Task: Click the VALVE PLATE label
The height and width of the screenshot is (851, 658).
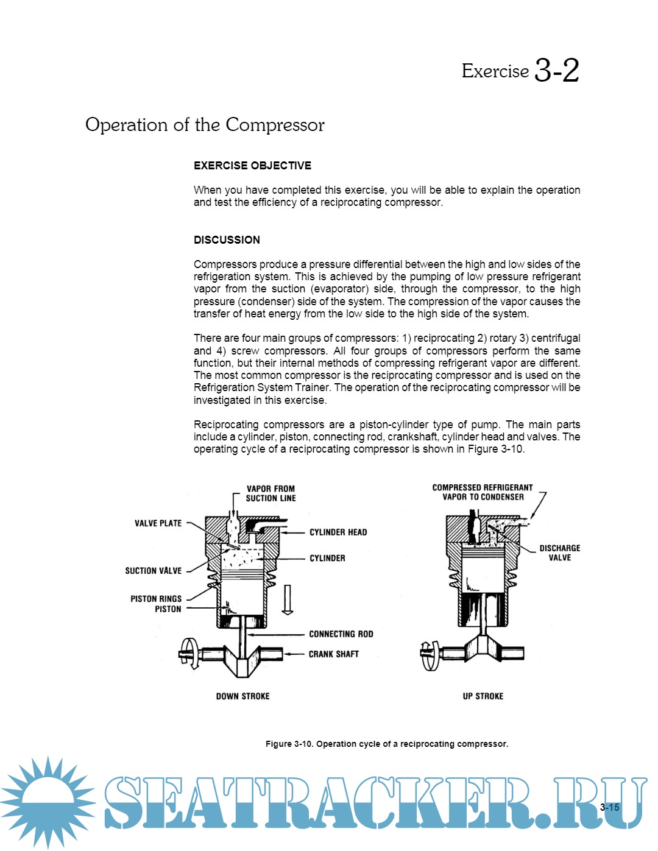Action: (158, 523)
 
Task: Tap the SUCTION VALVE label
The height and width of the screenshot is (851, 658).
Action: (154, 571)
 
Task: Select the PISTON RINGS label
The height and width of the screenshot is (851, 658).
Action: (156, 599)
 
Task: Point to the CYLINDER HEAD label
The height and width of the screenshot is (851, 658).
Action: (338, 532)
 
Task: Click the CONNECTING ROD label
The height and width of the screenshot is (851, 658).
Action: (341, 634)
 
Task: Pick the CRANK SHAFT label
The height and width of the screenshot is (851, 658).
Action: (333, 654)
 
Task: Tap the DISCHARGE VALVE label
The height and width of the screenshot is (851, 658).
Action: (559, 553)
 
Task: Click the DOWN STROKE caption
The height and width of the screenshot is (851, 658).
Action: (242, 696)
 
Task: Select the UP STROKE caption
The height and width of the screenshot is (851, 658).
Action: (483, 696)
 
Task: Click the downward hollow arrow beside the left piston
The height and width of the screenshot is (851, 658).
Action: (288, 599)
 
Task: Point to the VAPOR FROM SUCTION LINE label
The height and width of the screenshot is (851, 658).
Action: (271, 493)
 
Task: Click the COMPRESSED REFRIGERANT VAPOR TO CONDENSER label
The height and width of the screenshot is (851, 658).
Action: (483, 492)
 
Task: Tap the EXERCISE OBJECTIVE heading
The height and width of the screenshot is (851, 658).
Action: (252, 166)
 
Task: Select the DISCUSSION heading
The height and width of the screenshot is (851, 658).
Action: (227, 240)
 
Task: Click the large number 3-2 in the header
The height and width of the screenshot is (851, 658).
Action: (556, 70)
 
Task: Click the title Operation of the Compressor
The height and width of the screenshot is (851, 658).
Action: (205, 125)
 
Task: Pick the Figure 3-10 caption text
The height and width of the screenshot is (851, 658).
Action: (386, 744)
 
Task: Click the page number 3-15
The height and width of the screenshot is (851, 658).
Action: (609, 807)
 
